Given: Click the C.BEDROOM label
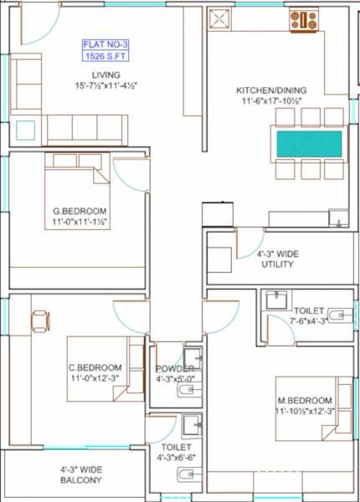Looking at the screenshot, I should pyautogui.click(x=95, y=367).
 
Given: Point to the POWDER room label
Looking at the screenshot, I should pyautogui.click(x=174, y=369).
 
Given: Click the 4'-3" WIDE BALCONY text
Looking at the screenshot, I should pyautogui.click(x=81, y=475).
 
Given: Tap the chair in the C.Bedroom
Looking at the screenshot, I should pyautogui.click(x=40, y=320).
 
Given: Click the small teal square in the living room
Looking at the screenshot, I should pyautogui.click(x=26, y=131).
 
